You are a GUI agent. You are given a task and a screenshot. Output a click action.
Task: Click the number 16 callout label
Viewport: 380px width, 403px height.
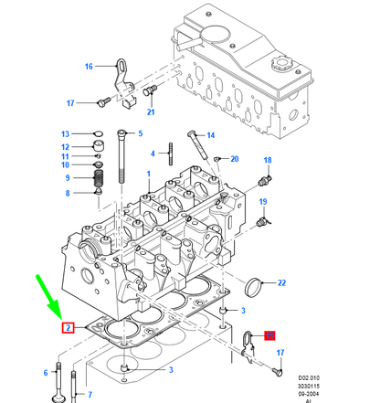[x=89, y=66]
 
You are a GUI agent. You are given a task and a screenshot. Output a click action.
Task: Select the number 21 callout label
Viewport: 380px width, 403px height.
[x=151, y=112]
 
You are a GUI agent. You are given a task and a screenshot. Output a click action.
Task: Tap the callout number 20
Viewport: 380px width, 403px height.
[x=234, y=159]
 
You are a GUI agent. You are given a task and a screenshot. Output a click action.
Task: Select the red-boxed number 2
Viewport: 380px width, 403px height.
[x=67, y=327]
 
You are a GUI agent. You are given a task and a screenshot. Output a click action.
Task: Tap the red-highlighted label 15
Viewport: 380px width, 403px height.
[x=269, y=335]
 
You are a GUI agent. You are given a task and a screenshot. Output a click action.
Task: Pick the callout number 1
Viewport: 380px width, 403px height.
[x=148, y=172]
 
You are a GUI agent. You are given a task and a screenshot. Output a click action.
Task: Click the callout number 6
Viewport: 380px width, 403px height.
[x=45, y=372]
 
